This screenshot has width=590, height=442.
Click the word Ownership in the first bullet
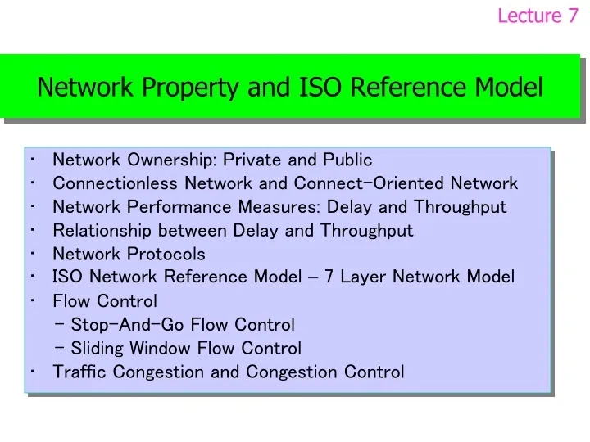171,160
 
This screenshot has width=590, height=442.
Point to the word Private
252,160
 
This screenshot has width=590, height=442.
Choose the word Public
347,160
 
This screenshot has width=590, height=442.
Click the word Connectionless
116,183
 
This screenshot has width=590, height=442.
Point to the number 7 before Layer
329,277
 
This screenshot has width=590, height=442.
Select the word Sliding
95,349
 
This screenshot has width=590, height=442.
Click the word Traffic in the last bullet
80,372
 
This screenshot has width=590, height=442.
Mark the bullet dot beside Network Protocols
29,253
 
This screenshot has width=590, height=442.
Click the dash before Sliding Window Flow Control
62,348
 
